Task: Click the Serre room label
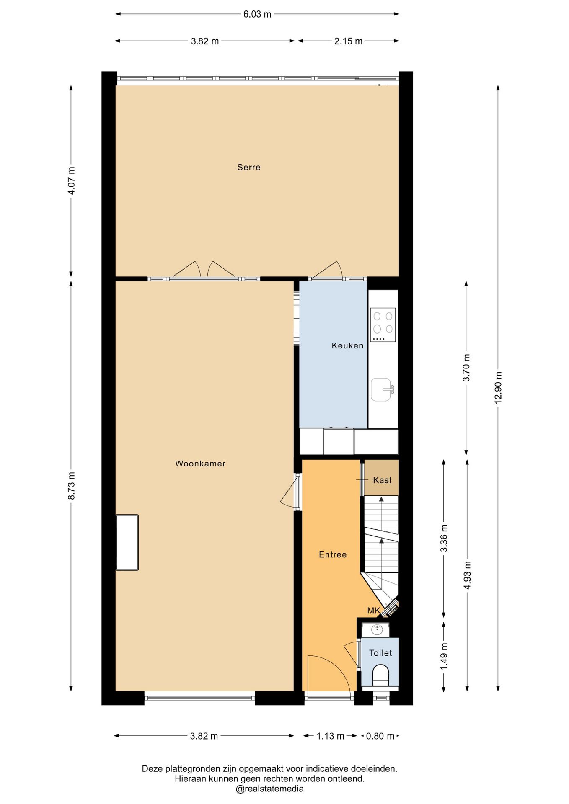coord(248,167)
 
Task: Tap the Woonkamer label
coord(200,464)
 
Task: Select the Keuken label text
coord(347,345)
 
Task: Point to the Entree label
coord(333,554)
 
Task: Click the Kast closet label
coord(382,480)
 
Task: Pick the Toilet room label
coord(380,653)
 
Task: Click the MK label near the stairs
coord(373,611)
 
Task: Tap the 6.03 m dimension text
coord(257,14)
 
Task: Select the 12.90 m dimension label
coord(498,388)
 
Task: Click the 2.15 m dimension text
coord(348,41)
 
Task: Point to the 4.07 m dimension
coord(71,180)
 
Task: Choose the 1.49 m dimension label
coord(444,656)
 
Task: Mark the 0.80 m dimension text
coord(380,736)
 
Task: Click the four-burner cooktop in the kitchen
coord(383,325)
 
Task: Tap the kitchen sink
coord(382,389)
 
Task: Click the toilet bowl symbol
coord(380,677)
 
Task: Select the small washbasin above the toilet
coord(377,629)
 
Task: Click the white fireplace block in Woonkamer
coord(127,542)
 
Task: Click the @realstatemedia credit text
coord(269,789)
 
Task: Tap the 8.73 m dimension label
coord(71,485)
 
